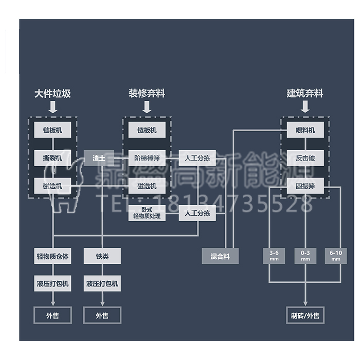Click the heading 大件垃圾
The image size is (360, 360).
[x=52, y=94]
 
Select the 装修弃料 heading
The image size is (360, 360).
[x=147, y=94]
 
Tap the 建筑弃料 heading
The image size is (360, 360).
[x=305, y=94]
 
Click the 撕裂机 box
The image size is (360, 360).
[x=52, y=158]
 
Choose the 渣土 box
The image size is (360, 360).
[x=98, y=158]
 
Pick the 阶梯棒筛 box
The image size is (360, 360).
[x=147, y=158]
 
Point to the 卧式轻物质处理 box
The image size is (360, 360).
[x=147, y=213]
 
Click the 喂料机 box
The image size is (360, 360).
[x=305, y=130]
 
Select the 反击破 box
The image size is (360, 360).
[x=305, y=158]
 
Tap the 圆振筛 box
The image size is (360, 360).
[x=305, y=186]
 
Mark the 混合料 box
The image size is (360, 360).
[x=220, y=256]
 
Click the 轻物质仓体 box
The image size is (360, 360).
[x=52, y=256]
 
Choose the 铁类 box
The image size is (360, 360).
[x=102, y=256]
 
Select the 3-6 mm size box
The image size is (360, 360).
[x=274, y=256]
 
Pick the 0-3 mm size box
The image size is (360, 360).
[x=305, y=256]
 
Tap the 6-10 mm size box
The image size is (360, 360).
[x=336, y=256]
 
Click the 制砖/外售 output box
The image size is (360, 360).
[x=305, y=315]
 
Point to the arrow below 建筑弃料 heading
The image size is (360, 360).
[x=305, y=106]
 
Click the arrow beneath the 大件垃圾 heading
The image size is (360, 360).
[x=52, y=106]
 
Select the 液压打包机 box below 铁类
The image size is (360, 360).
[x=102, y=283]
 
